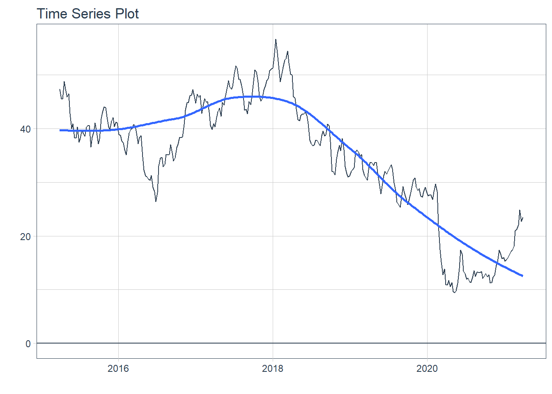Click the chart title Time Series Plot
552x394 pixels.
click(88, 14)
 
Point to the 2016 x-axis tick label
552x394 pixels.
click(118, 369)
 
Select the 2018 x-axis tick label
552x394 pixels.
click(273, 369)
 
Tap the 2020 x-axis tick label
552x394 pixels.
click(427, 369)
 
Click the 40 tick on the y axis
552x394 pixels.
click(25, 129)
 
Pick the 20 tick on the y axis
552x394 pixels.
click(25, 236)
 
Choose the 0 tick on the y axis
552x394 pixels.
click(28, 344)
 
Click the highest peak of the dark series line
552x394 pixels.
click(276, 39)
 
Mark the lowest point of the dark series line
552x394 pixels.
click(454, 292)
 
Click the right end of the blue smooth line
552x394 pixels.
click(522, 276)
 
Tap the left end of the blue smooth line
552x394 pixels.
click(60, 130)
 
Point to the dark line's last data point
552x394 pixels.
click(522, 218)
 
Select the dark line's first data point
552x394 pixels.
click(60, 89)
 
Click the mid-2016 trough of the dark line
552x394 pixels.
click(156, 201)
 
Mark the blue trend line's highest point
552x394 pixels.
click(253, 96)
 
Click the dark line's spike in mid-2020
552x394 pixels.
click(460, 250)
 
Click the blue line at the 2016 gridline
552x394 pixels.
click(118, 129)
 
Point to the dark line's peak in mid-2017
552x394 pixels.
click(236, 66)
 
